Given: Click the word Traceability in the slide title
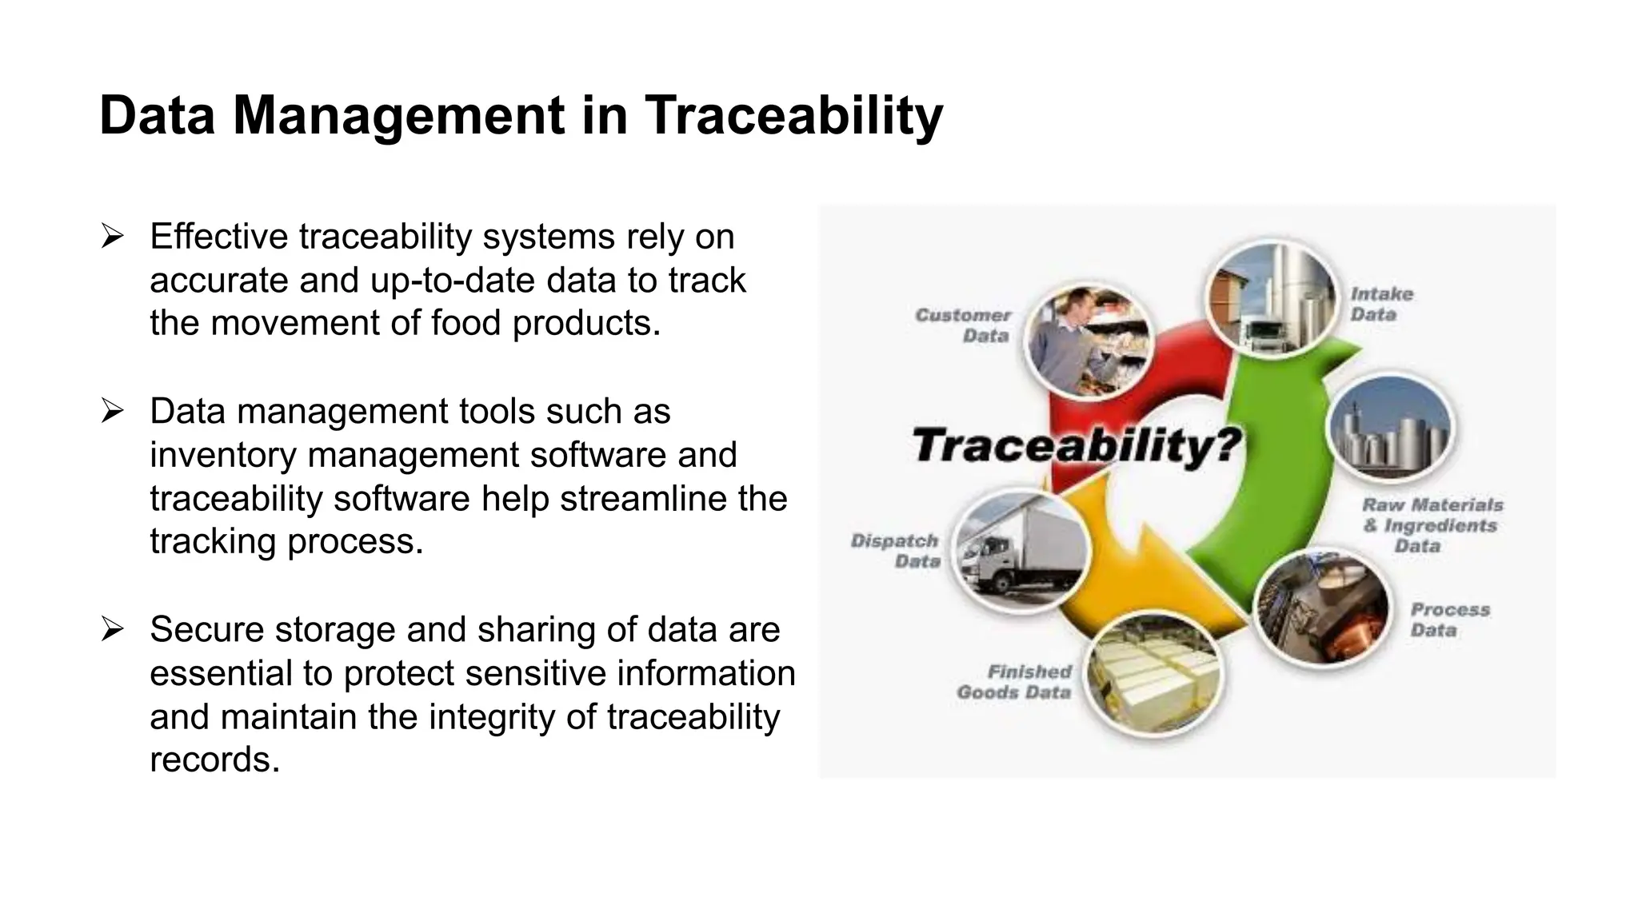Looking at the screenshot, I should click(x=793, y=116).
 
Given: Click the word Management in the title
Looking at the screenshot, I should click(x=398, y=116).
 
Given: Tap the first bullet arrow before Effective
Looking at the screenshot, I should click(x=112, y=237).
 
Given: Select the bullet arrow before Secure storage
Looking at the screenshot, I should click(x=112, y=630).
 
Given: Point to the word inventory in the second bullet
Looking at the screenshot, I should click(x=223, y=455).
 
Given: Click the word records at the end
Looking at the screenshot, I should click(x=214, y=760).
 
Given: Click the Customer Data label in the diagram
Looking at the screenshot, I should click(x=965, y=325).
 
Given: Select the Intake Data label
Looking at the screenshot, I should click(x=1381, y=305).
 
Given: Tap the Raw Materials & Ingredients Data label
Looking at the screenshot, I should click(x=1432, y=525).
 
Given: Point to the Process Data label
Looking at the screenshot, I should click(x=1448, y=620).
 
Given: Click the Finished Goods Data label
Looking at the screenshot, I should click(x=1014, y=682).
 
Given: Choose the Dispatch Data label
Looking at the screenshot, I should click(x=895, y=551).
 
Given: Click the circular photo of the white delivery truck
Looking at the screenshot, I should click(x=1021, y=551).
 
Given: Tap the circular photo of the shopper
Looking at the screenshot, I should click(x=1087, y=342).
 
